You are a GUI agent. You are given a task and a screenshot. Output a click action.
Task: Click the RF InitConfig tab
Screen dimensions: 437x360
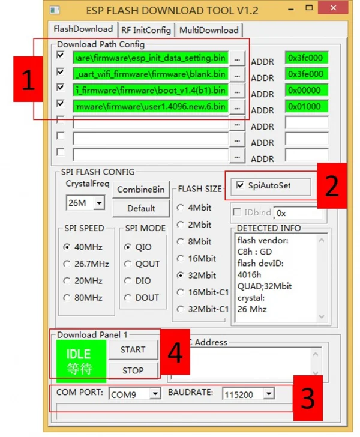146,30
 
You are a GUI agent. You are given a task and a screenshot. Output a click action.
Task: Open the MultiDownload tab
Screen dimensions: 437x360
209,30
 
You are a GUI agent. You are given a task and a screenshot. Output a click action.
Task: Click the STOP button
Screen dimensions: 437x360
133,370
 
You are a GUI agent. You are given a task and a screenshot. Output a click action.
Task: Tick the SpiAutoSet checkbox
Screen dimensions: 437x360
241,185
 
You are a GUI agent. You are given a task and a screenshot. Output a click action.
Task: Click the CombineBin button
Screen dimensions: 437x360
141,190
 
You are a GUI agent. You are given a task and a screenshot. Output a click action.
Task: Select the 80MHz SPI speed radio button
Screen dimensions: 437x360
67,297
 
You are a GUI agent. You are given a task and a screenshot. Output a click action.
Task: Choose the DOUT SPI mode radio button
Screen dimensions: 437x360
127,297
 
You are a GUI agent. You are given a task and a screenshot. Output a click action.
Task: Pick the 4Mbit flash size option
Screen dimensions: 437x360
181,208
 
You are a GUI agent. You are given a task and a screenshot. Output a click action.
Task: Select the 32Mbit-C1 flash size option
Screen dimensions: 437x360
181,309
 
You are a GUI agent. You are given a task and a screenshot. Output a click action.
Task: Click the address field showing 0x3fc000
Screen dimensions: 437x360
306,58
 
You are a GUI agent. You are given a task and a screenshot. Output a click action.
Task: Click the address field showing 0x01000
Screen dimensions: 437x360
306,107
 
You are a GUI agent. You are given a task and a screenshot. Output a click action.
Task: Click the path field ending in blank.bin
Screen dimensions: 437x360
151,74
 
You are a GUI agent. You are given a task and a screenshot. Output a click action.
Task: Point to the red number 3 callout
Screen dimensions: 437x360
307,397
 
